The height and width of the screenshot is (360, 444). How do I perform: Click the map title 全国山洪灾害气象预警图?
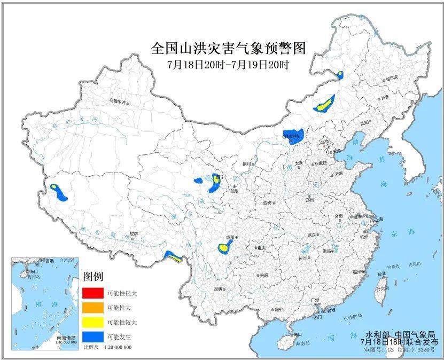(x=228, y=49)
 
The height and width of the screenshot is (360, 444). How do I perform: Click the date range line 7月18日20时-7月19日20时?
(x=228, y=65)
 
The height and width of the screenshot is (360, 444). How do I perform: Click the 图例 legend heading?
(x=93, y=276)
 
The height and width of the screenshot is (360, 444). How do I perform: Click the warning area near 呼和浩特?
(x=293, y=136)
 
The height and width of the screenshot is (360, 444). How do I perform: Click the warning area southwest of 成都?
(x=225, y=246)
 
